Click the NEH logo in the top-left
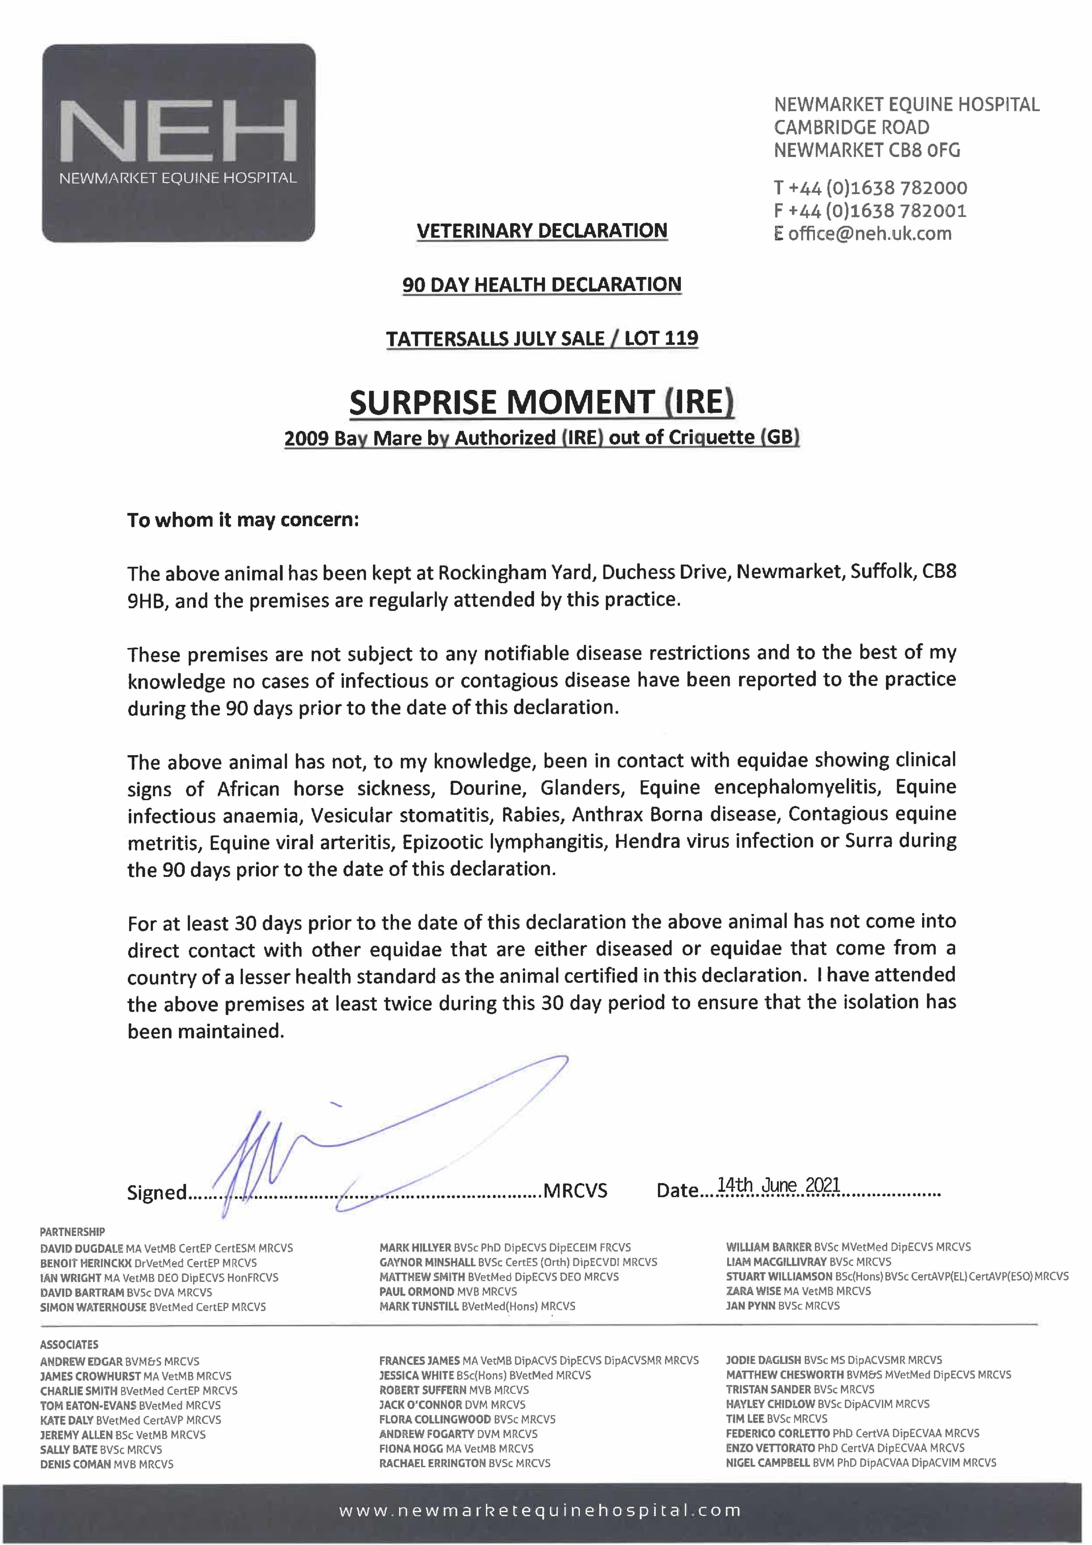178,143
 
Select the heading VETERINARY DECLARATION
542,231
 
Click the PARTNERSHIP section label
72,1232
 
